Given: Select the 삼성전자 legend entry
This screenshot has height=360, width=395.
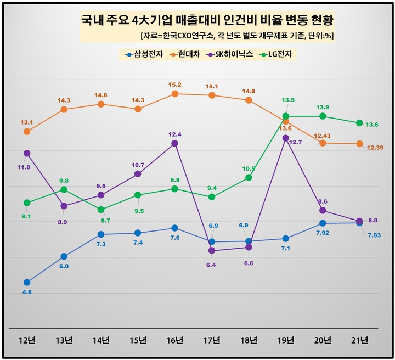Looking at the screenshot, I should [143, 54].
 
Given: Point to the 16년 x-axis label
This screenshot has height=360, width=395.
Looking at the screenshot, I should [174, 340].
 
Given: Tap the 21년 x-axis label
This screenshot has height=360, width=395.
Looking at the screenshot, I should [359, 340].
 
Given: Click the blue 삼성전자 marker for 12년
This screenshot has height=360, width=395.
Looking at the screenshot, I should [27, 282].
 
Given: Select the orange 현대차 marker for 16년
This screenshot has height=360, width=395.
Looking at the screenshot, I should [174, 94].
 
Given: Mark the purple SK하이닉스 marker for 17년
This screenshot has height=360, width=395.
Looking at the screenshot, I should [212, 251].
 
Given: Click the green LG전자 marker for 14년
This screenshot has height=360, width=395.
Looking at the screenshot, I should [101, 210].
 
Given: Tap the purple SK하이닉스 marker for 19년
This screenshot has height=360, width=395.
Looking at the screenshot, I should [285, 138].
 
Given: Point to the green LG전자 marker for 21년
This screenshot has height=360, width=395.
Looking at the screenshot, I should [359, 123].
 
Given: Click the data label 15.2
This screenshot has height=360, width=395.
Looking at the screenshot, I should [174, 85].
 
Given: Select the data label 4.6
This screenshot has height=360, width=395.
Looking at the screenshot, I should [27, 292].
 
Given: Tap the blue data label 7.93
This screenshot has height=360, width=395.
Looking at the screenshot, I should [375, 235].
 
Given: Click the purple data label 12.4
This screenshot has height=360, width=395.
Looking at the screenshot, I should [174, 134].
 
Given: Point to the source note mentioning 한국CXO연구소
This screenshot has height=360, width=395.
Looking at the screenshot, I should [238, 36].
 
